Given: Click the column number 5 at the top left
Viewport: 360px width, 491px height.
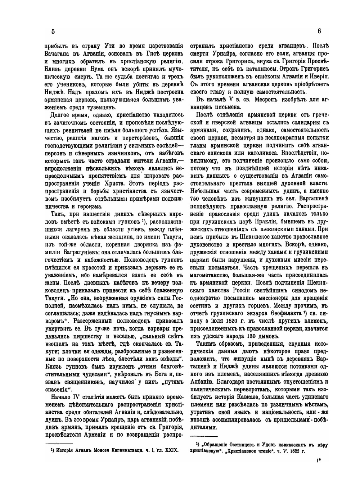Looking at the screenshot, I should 53,31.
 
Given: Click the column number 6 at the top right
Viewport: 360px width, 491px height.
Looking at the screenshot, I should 319,31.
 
